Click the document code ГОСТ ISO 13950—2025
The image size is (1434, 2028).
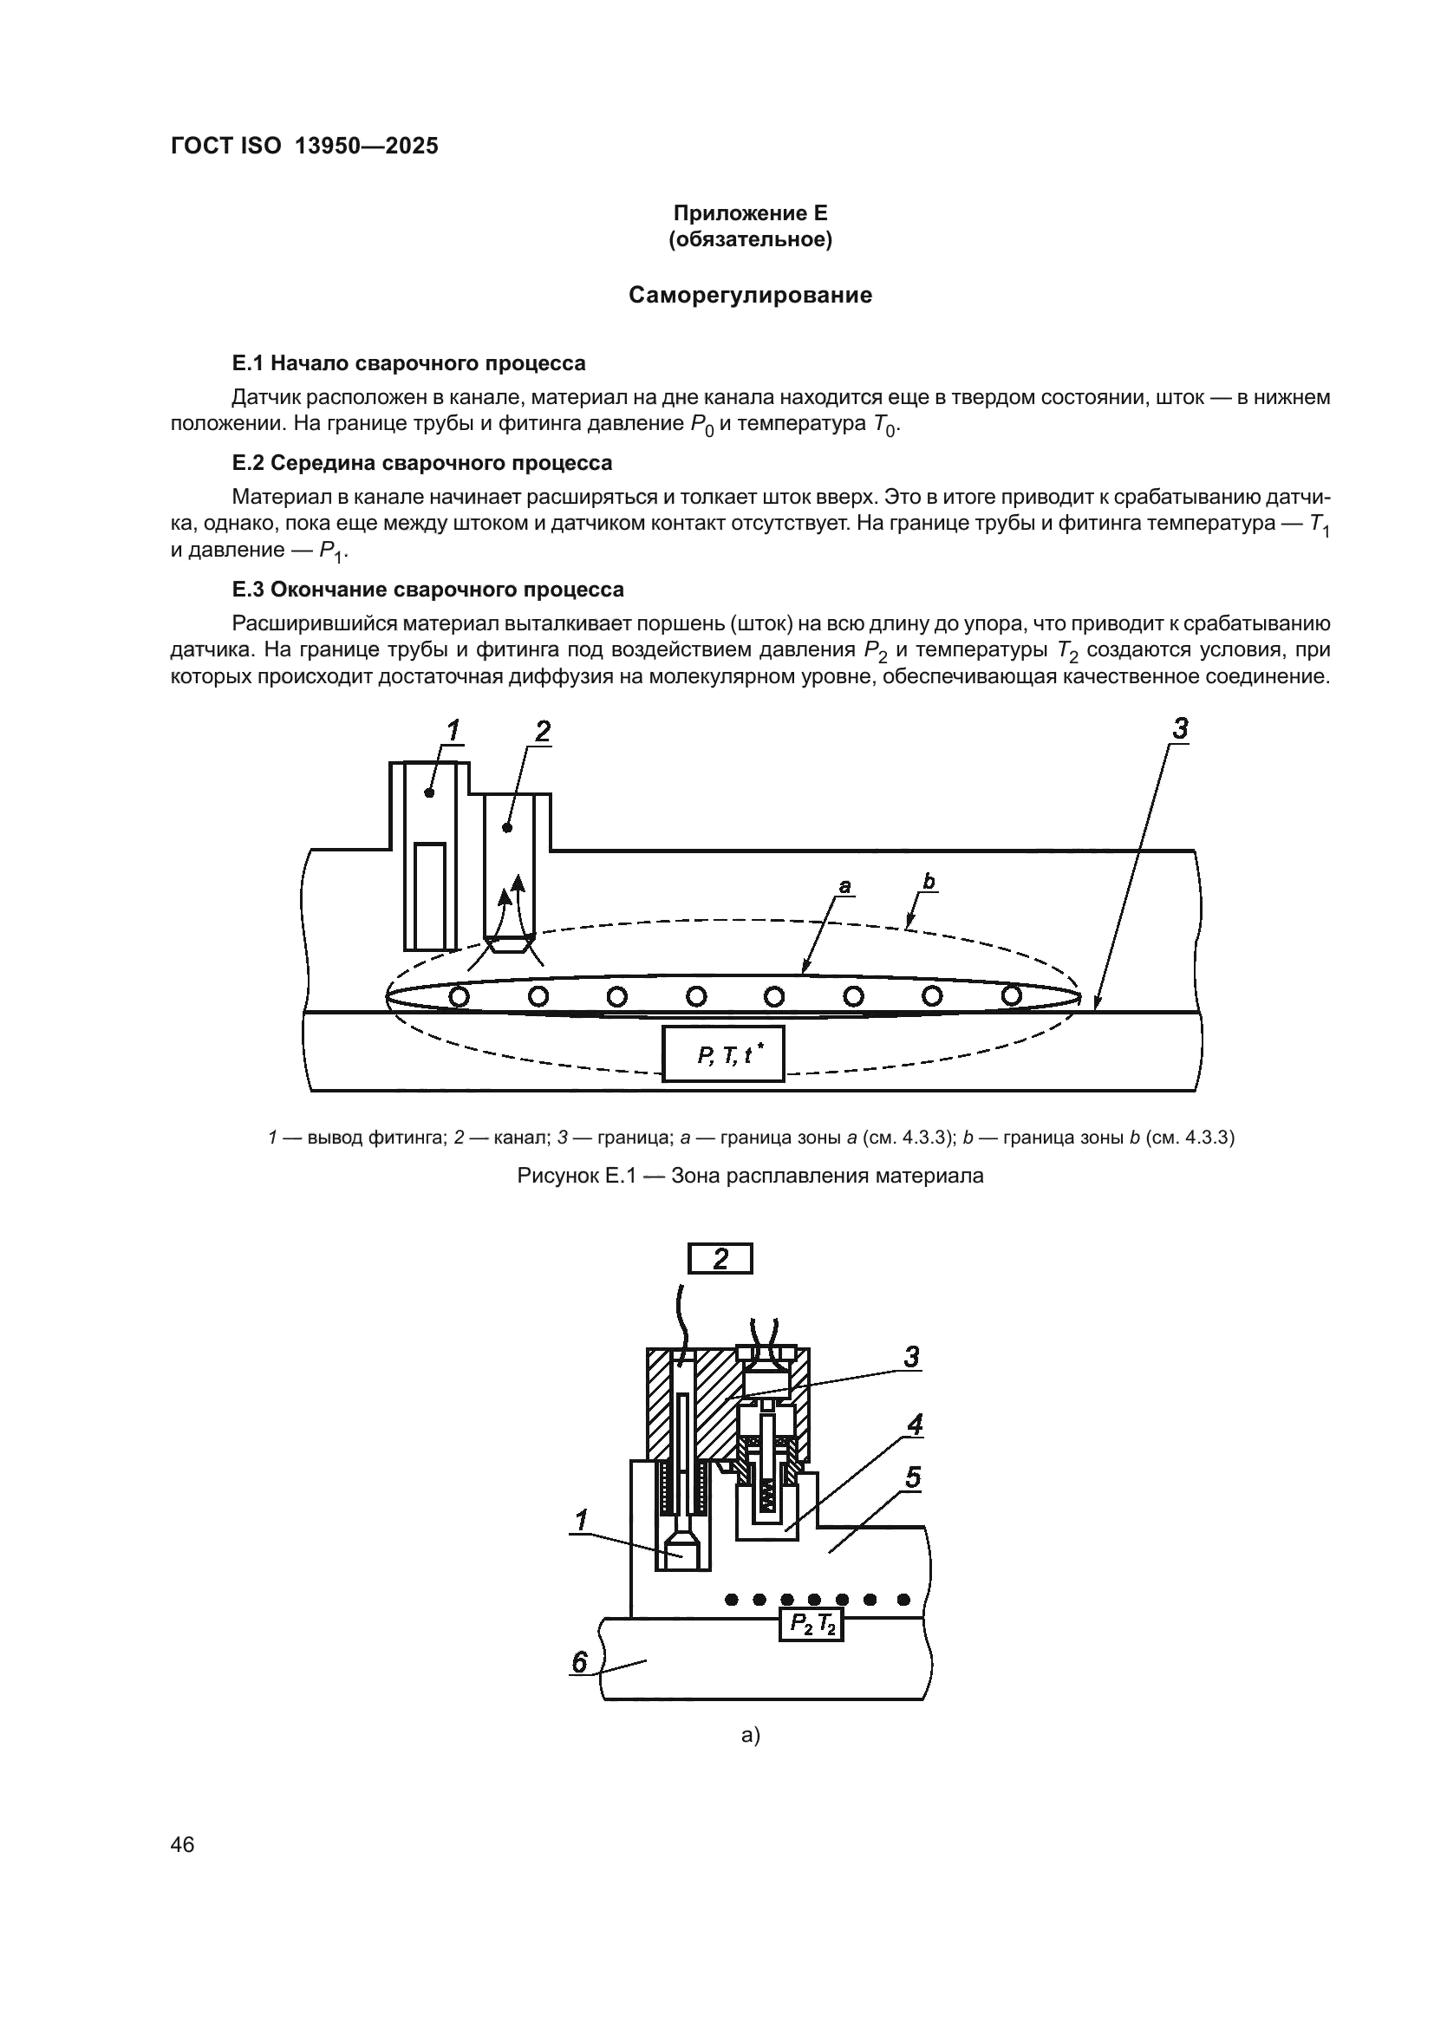[303, 147]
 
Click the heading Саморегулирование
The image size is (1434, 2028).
[750, 295]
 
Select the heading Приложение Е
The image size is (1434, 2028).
[750, 213]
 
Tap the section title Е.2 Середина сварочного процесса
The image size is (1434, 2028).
[421, 463]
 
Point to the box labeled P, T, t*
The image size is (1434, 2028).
[722, 1054]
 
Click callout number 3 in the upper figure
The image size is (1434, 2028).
[1180, 729]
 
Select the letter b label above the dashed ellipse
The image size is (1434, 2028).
[928, 882]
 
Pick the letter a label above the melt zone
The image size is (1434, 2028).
[844, 885]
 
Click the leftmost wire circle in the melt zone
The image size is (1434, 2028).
[460, 996]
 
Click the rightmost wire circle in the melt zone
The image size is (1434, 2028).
[1012, 995]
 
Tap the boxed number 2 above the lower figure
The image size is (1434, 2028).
[720, 1259]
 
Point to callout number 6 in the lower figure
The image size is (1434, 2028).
[579, 1662]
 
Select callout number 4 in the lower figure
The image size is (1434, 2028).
[915, 1425]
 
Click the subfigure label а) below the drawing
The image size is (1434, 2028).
[750, 1735]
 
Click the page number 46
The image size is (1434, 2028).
[183, 1844]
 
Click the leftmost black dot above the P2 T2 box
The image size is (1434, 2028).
[731, 1599]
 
